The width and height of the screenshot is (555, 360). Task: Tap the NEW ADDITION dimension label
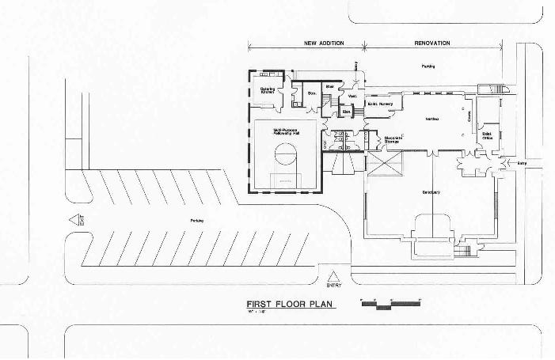[x=324, y=43]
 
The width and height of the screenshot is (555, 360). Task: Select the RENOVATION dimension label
[x=432, y=43]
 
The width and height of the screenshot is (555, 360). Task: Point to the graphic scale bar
[x=390, y=302]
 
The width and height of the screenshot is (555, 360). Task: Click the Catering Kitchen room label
[x=268, y=91]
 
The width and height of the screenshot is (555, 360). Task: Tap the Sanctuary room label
[x=431, y=192]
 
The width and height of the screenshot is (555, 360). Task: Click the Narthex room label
[x=432, y=119]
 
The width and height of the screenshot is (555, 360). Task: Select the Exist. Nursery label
[x=380, y=104]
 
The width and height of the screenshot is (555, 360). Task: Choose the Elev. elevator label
[x=347, y=112]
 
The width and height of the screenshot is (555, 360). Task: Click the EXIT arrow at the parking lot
[x=76, y=221]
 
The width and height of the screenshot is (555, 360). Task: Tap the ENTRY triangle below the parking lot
[x=334, y=277]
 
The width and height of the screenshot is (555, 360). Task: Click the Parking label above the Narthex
[x=428, y=66]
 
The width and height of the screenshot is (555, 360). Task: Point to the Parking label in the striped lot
[x=186, y=220]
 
